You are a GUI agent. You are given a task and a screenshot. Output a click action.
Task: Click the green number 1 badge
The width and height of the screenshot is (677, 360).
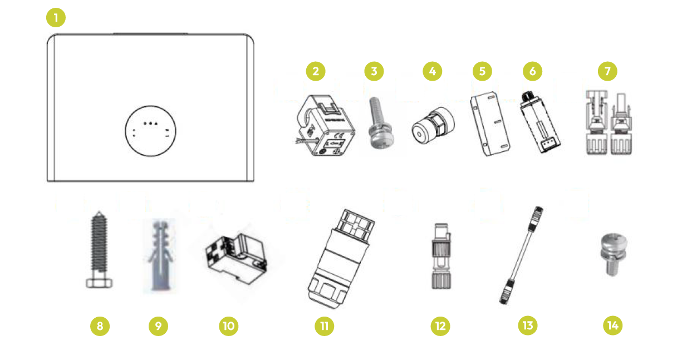[x=56, y=17]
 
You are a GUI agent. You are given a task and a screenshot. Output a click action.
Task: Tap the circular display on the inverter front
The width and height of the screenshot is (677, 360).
[x=150, y=131]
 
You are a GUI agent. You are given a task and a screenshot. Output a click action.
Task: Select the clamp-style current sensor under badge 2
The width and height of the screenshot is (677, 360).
[x=326, y=125]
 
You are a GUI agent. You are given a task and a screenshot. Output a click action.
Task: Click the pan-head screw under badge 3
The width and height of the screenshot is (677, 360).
[x=381, y=123]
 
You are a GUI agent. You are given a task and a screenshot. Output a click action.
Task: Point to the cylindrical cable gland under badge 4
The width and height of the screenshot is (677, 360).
[x=434, y=125]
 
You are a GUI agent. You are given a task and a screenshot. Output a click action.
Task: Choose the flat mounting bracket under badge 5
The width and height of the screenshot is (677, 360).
[x=490, y=124]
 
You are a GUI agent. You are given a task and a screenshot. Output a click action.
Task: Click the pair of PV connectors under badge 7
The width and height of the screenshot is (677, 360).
[x=609, y=122]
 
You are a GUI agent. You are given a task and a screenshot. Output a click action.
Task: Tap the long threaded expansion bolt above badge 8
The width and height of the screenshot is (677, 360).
[x=99, y=250]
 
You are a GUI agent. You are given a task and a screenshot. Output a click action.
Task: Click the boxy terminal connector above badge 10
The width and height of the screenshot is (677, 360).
[x=236, y=259]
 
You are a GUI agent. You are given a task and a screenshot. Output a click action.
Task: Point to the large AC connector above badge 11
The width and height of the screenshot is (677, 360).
[x=341, y=259]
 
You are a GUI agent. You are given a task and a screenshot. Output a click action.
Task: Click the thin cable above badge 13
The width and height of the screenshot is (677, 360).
[x=521, y=255]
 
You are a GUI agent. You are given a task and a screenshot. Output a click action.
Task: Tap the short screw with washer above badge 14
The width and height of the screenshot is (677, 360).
[x=613, y=254]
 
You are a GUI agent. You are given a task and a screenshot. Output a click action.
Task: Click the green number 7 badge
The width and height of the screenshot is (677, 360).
[x=607, y=71]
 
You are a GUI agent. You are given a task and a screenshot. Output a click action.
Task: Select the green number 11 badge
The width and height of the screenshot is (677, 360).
[x=324, y=326]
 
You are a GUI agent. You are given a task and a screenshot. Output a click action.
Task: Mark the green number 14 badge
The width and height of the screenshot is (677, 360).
[x=612, y=326]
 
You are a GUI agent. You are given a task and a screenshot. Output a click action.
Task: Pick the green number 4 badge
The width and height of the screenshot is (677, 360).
[x=432, y=71]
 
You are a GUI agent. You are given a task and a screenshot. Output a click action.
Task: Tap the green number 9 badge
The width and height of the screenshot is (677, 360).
[x=158, y=326]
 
